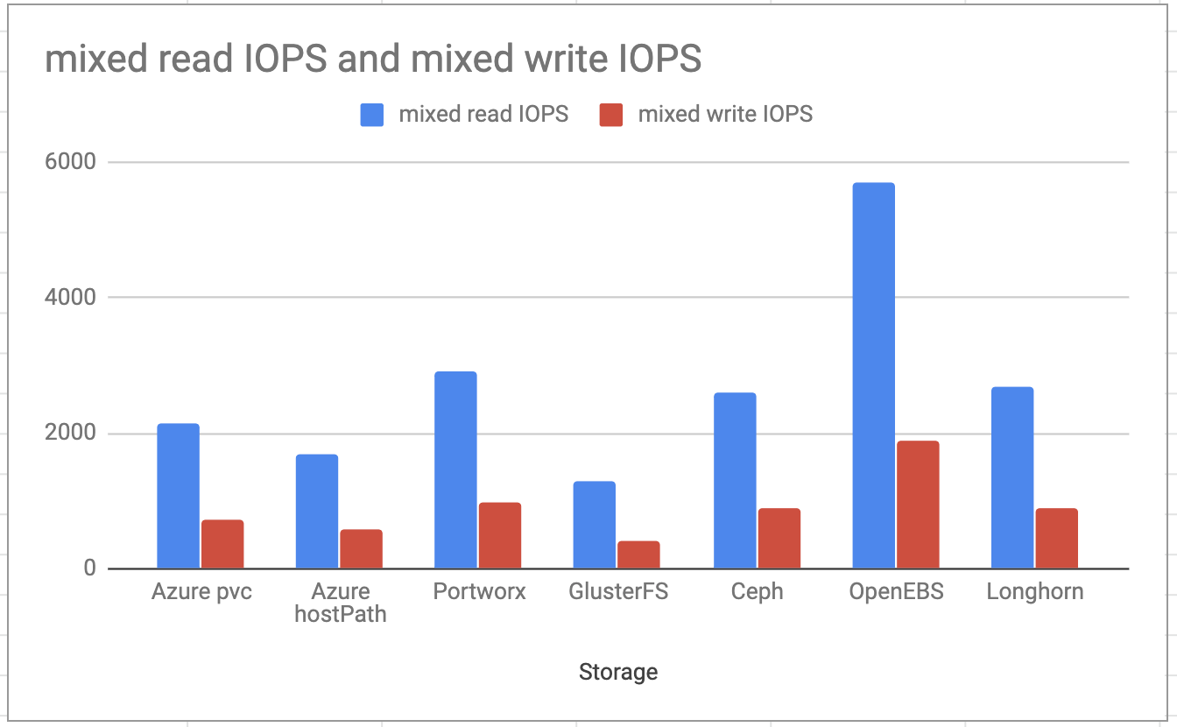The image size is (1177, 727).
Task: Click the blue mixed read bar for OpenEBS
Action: pos(873,376)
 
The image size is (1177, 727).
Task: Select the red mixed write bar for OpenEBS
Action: pos(918,505)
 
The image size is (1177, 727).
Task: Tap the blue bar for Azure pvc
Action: pos(178,496)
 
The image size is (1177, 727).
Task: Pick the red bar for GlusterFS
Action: pos(638,554)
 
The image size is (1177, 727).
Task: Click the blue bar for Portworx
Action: pos(455,470)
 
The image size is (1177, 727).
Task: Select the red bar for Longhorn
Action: pos(1056,539)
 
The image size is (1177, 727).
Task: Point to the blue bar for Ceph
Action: pos(735,481)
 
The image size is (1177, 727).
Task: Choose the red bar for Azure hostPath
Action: pos(361,549)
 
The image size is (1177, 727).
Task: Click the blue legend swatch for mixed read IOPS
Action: pos(371,115)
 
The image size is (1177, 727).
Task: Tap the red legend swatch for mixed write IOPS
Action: pos(611,115)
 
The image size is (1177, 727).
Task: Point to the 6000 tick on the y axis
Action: pos(70,161)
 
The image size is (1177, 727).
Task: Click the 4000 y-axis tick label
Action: pos(70,297)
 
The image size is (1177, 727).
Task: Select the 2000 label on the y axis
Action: pos(70,433)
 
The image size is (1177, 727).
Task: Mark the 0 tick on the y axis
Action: pos(90,568)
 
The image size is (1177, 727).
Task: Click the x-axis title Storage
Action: pos(618,672)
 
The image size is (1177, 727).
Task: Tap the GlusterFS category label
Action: pos(618,591)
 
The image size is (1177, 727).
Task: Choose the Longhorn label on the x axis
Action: pos(1034,592)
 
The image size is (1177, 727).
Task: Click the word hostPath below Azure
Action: pos(341,614)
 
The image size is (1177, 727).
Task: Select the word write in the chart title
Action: pos(565,58)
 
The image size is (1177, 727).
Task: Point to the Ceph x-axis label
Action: pos(757,592)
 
